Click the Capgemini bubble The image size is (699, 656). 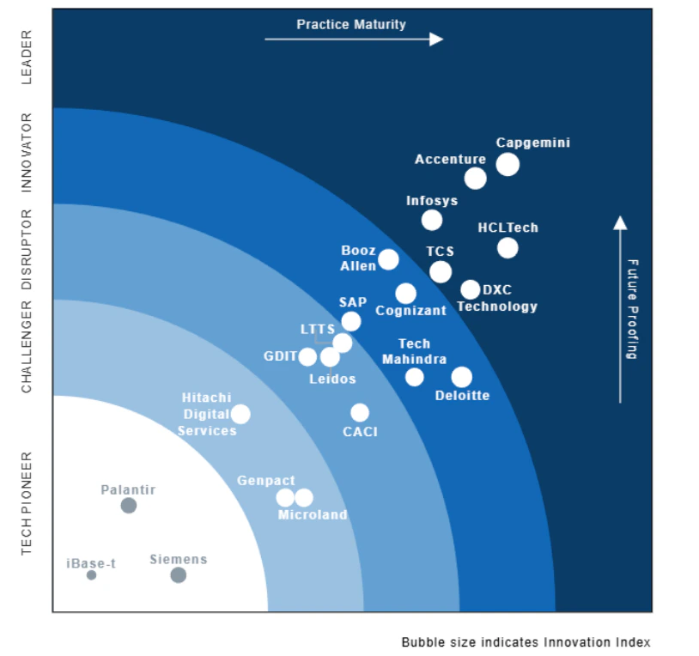tap(508, 164)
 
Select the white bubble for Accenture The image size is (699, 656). tap(475, 178)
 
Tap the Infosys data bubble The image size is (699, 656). tap(432, 220)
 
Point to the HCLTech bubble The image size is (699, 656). tap(508, 248)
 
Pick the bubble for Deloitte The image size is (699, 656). tap(461, 377)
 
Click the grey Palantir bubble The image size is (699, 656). tap(128, 506)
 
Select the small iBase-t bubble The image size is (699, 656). tap(91, 575)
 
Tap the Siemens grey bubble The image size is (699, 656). tap(178, 575)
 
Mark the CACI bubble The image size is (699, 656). tap(360, 413)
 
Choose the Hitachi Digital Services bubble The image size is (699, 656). tap(240, 414)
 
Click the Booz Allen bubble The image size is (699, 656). tap(388, 259)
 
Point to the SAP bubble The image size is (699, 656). tap(350, 321)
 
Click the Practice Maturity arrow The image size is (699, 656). tap(353, 39)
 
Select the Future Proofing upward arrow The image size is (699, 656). tap(620, 309)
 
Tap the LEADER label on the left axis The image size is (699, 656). tap(27, 57)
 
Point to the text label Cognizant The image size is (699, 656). tap(410, 311)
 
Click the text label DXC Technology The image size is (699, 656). tap(497, 298)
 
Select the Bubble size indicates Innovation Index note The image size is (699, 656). tap(526, 642)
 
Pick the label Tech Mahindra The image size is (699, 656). tap(414, 351)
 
